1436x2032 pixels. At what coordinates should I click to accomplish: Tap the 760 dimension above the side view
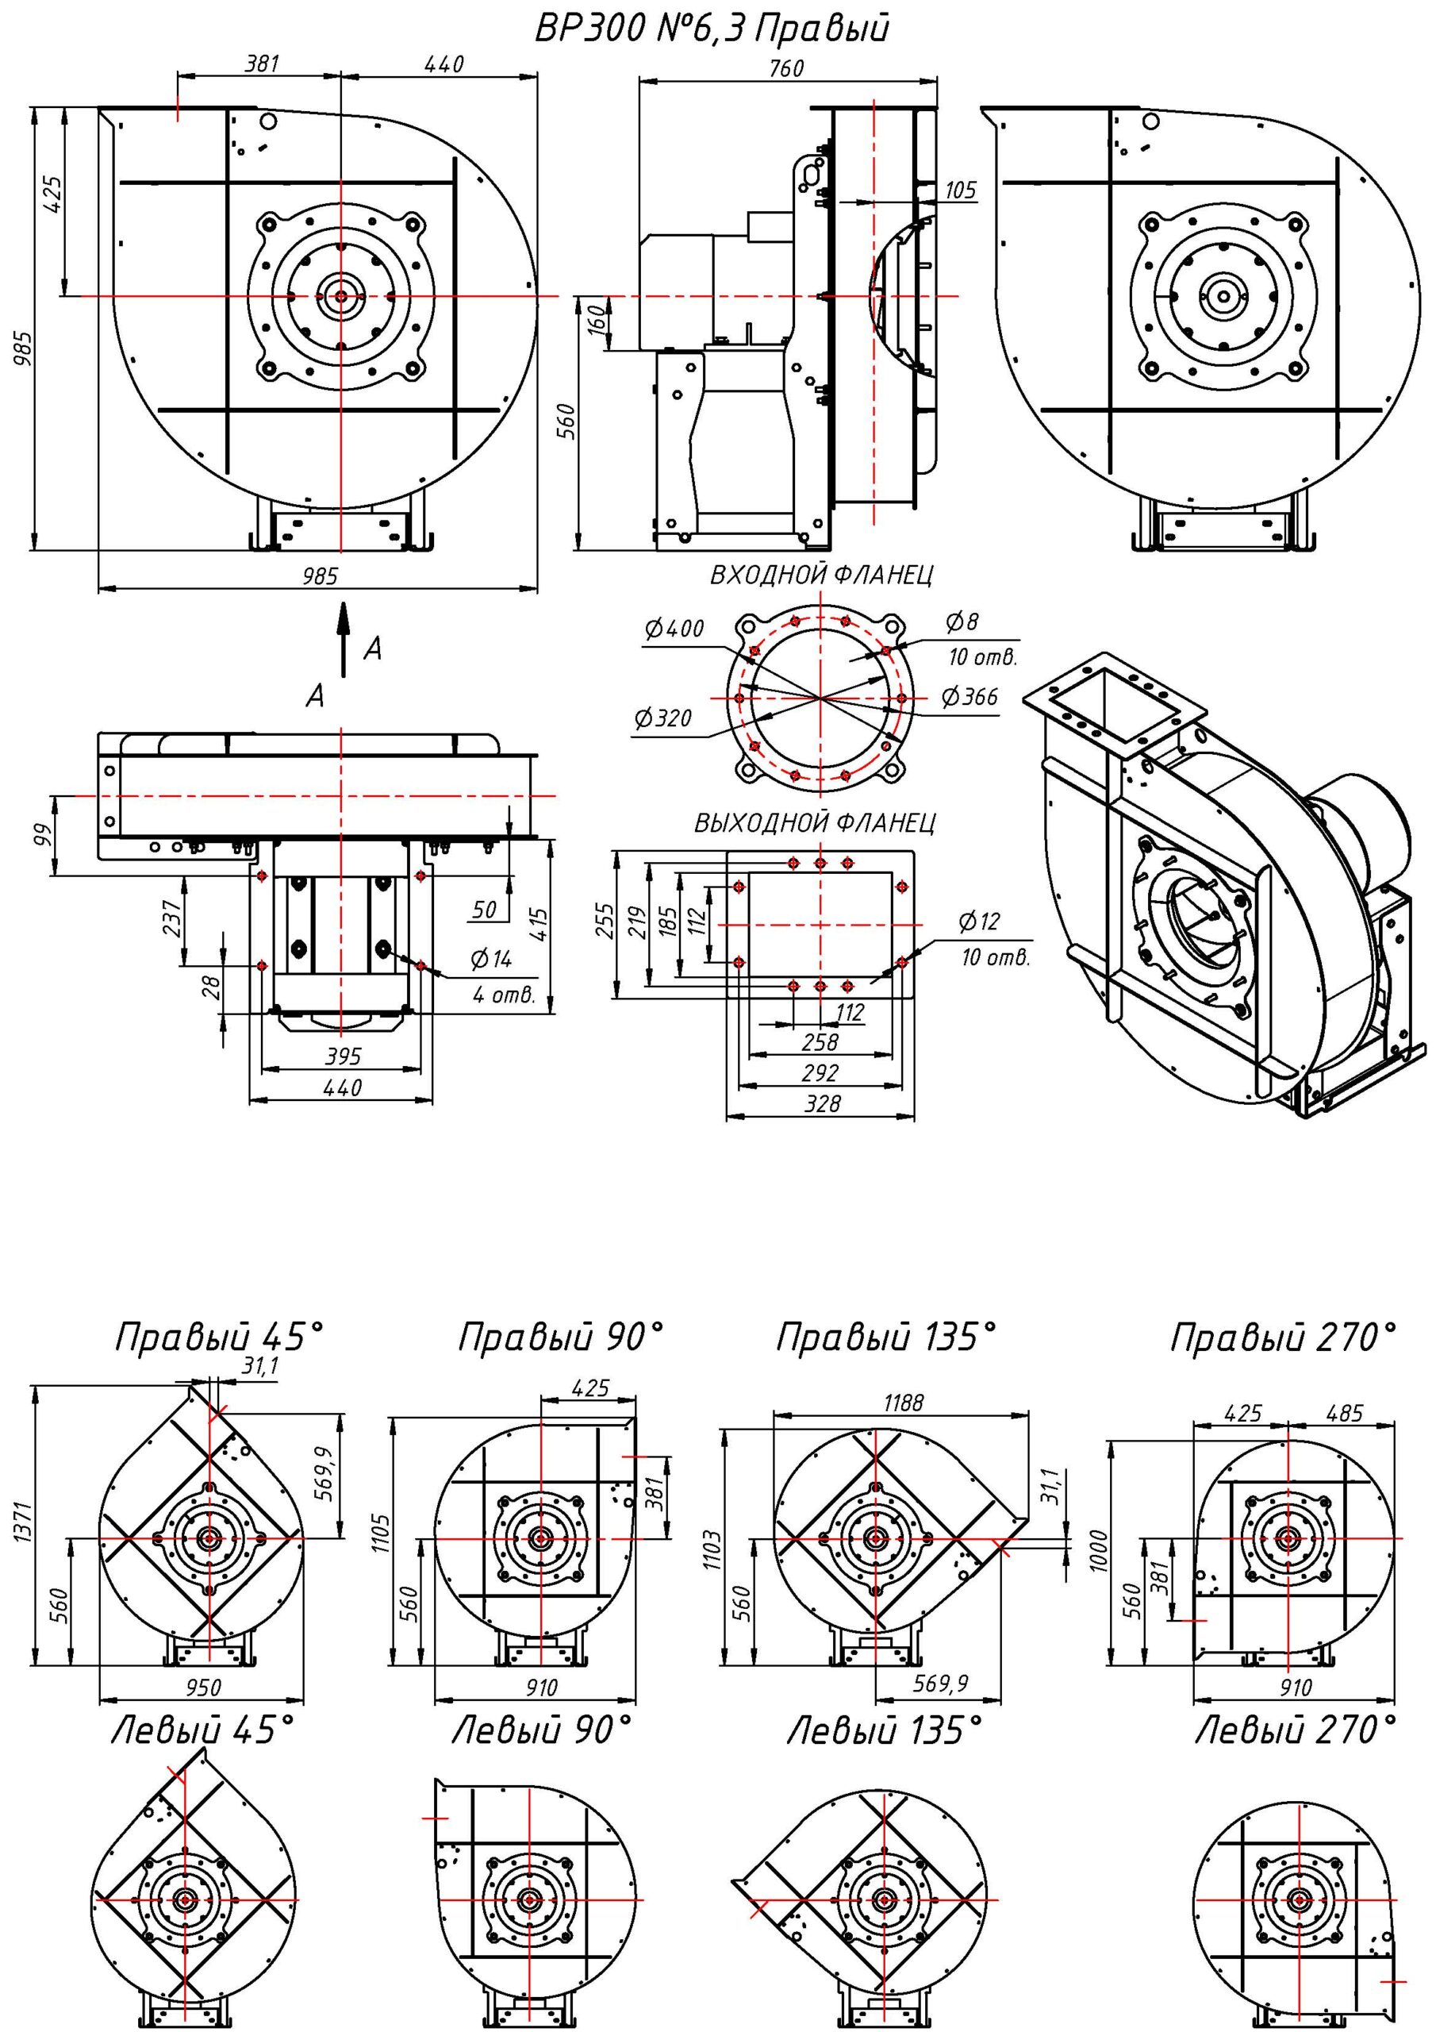click(785, 68)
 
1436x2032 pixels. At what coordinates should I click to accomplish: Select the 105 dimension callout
click(960, 190)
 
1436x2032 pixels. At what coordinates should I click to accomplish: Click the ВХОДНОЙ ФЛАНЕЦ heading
click(821, 575)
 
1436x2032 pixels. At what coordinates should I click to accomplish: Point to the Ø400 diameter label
click(674, 629)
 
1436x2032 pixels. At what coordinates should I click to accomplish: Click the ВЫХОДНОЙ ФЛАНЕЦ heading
click(815, 823)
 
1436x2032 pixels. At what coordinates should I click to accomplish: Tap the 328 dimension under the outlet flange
click(822, 1103)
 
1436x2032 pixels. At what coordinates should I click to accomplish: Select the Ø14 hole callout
click(491, 959)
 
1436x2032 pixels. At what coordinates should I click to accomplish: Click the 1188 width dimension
click(903, 1403)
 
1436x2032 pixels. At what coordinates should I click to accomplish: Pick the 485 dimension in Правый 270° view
click(1344, 1414)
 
